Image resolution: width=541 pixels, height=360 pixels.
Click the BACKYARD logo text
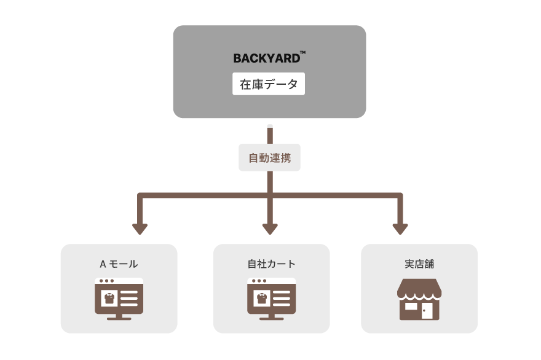pos(266,59)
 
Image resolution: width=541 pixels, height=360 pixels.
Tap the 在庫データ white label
pos(269,84)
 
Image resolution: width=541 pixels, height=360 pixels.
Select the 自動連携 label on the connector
pos(269,158)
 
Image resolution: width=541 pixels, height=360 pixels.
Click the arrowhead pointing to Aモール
pos(140,229)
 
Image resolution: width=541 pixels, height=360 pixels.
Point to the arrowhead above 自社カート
pos(270,229)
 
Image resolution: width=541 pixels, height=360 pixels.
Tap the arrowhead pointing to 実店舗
pos(400,229)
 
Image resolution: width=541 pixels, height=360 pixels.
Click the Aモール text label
pos(119,264)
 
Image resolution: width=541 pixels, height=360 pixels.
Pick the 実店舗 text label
pos(419,264)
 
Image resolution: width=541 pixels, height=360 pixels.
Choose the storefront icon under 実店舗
pos(419,299)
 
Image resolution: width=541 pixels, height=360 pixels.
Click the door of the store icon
pos(427,311)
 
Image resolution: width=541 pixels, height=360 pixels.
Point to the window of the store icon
pos(410,306)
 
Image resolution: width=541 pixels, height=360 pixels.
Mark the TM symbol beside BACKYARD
pos(302,53)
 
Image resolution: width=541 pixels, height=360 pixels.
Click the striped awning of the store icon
pos(419,288)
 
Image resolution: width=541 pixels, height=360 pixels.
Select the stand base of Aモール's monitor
pos(119,318)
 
